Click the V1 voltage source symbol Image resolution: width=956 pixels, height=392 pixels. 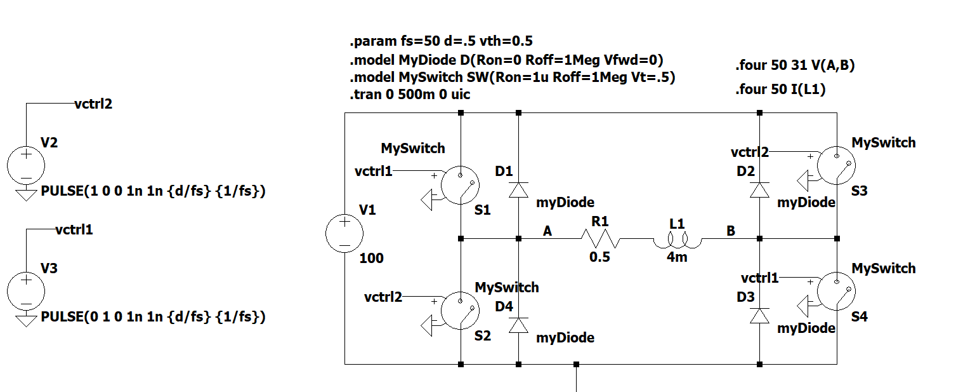coord(344,233)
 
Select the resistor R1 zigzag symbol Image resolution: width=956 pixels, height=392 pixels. coord(599,239)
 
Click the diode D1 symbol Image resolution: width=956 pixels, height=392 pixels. coord(519,190)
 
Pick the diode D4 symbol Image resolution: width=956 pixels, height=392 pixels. coord(519,325)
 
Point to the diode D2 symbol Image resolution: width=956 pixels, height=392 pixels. coord(760,190)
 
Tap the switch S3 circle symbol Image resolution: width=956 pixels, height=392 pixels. coord(836,165)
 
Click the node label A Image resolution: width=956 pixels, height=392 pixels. coord(547,232)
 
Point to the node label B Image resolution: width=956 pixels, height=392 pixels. coord(731,232)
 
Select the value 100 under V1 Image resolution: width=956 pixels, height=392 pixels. coord(371,259)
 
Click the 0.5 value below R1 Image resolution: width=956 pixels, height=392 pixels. coord(599,257)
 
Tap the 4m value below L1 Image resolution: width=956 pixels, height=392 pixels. coord(677,257)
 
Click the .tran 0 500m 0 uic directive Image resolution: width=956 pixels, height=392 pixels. coord(409,95)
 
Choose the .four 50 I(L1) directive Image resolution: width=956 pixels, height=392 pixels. coord(780,90)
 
